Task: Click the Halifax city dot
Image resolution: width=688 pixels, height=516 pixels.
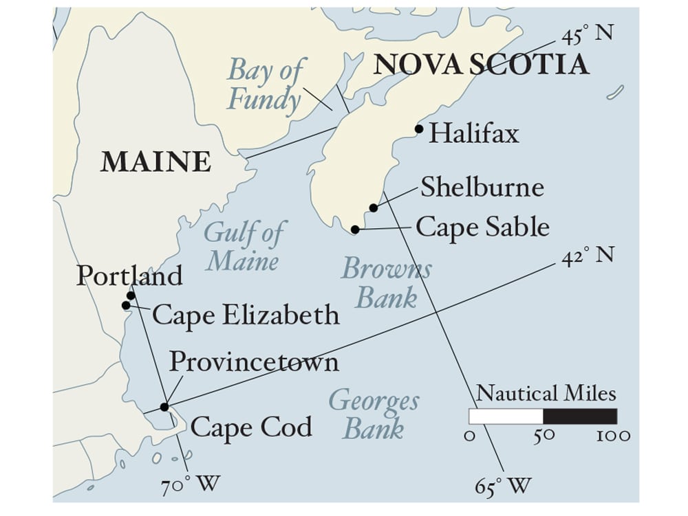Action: coord(418,128)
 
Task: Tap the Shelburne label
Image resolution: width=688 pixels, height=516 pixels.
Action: coord(482,188)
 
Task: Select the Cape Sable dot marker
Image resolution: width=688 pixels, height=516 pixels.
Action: coord(355,229)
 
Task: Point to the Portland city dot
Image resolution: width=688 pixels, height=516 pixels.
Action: coord(131,295)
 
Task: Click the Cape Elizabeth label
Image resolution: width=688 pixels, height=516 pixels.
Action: coord(246,315)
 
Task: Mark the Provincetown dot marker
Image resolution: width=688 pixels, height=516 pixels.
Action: coord(164,407)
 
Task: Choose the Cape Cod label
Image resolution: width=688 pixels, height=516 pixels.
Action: coord(251,427)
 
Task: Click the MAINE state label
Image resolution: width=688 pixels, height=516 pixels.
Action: coord(155,161)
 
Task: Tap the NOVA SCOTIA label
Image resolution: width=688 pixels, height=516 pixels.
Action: coord(481,64)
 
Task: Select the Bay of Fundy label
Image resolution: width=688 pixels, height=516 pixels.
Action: coord(265,85)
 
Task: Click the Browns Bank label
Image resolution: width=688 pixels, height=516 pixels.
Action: coord(387,283)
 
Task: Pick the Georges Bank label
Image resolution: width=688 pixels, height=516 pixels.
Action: coord(374,414)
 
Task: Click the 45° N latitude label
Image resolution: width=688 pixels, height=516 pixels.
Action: coord(586,34)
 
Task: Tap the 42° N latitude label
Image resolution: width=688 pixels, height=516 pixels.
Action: coord(587,256)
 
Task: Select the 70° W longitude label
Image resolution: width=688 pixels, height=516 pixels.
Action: coord(191,485)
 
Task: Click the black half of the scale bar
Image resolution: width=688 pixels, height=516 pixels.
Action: coord(579,416)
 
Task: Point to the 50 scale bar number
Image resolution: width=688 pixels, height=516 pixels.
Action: coord(543,436)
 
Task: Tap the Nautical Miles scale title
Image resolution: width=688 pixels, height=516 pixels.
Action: coord(546,394)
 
